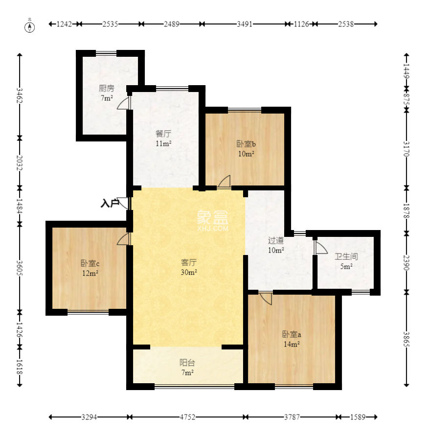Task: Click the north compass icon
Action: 30,26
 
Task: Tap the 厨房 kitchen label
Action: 106,89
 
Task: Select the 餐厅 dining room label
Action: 163,133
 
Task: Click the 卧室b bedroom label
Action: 246,144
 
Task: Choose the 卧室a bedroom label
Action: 291,335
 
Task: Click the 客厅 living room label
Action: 188,262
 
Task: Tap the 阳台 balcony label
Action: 187,363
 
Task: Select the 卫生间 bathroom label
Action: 346,256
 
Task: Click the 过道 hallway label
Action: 276,240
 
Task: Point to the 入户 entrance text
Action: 109,203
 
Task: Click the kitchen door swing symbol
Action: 125,103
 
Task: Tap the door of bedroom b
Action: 224,182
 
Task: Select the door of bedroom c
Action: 124,238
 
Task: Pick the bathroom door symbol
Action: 321,248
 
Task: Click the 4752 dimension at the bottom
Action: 187,417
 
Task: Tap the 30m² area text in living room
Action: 188,272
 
